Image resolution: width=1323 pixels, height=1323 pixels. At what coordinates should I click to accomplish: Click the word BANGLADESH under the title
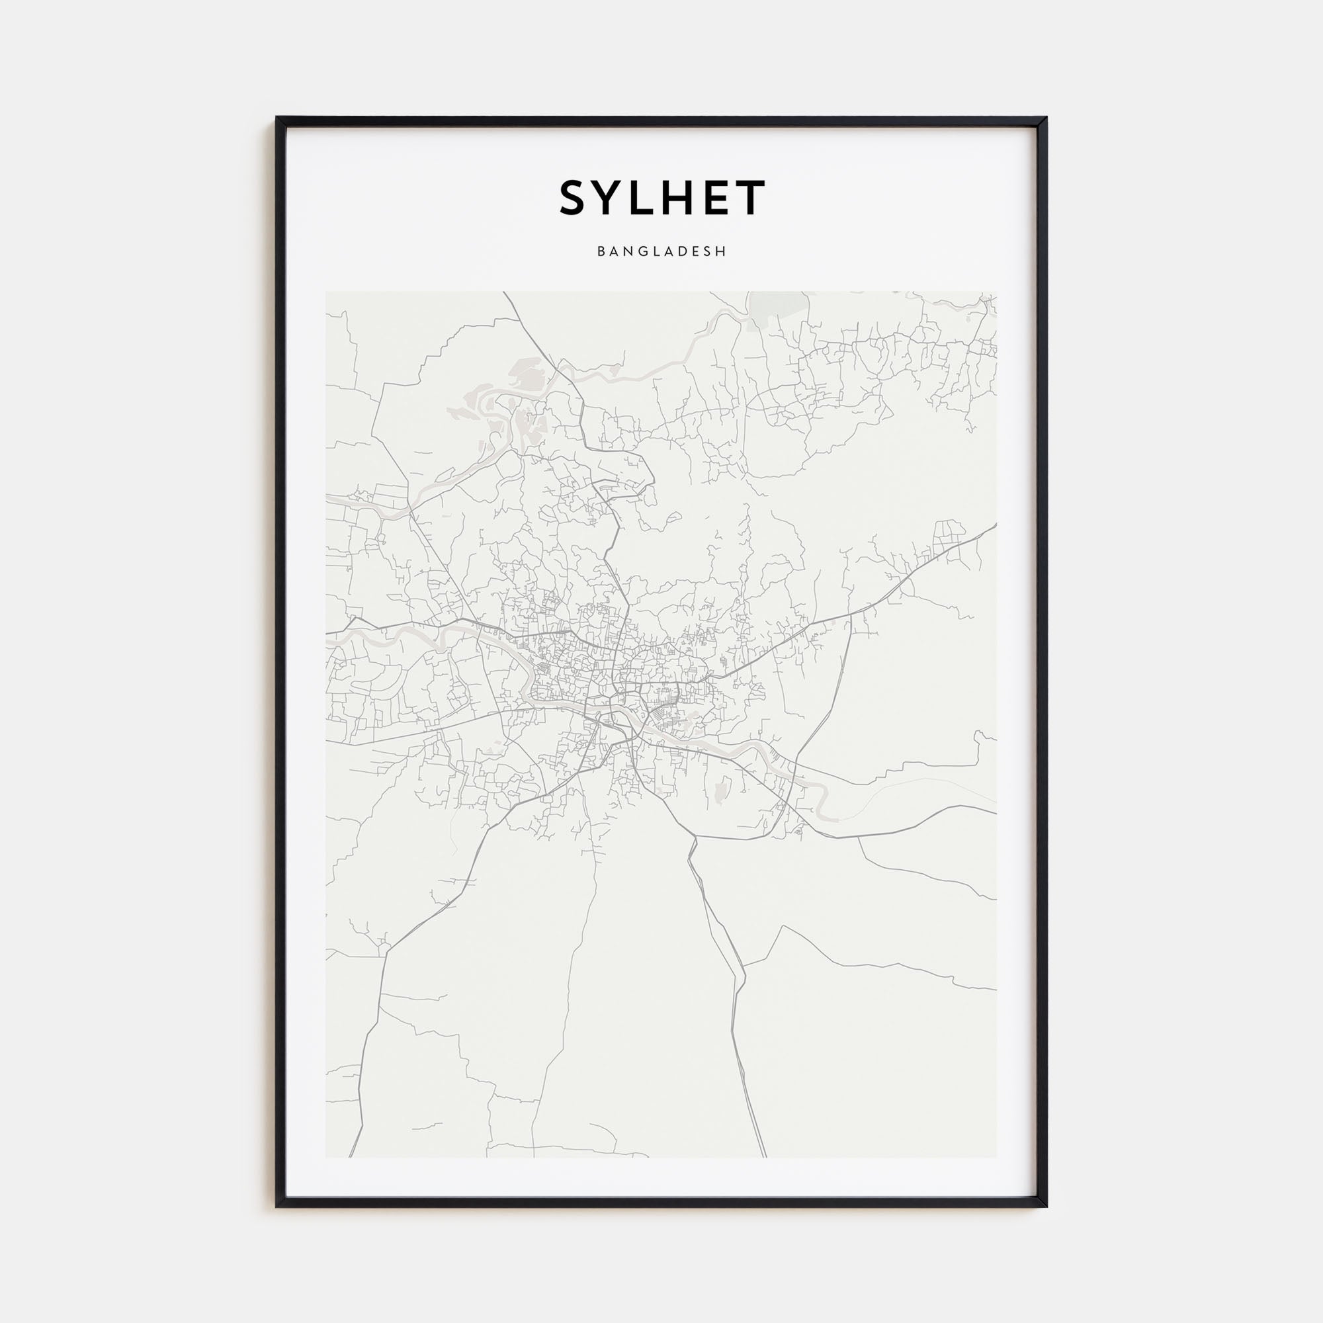tap(661, 252)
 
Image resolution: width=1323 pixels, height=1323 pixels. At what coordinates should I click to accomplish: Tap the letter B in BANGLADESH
tap(601, 252)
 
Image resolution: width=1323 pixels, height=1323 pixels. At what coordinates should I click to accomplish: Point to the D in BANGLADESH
tap(685, 252)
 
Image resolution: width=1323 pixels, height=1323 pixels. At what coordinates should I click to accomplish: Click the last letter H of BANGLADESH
tap(722, 252)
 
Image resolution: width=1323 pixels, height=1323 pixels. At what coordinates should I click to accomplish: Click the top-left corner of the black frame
tap(277, 118)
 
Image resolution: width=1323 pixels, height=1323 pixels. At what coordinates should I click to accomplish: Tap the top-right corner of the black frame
tap(1046, 118)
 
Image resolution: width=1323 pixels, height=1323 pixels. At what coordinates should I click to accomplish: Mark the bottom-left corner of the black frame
tap(277, 1206)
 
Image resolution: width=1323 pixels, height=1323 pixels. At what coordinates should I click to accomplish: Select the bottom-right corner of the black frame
tap(1046, 1206)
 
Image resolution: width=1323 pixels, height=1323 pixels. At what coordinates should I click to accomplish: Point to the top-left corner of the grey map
tap(327, 293)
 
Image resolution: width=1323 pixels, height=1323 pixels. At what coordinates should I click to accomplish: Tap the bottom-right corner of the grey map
tap(996, 1156)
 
